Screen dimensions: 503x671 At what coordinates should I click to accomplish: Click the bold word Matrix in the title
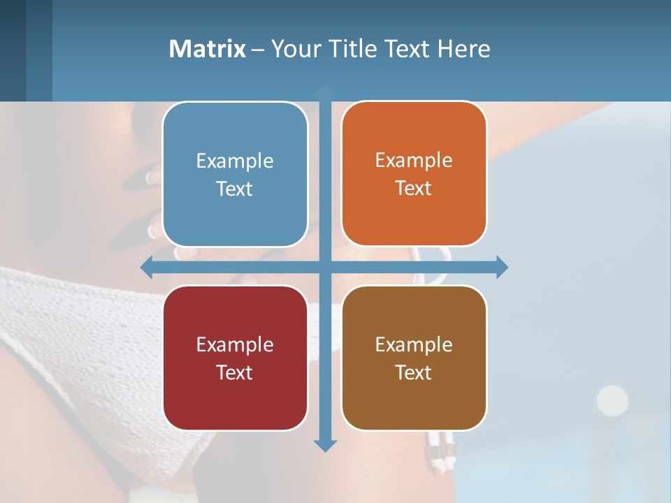[207, 49]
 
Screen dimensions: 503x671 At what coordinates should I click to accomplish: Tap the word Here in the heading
[464, 49]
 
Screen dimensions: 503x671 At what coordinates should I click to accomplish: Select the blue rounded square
[235, 175]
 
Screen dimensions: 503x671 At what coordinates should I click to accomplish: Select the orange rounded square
[414, 174]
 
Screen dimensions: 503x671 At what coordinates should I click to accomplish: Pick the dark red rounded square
[235, 358]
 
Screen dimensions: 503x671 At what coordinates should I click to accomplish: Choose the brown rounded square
[414, 358]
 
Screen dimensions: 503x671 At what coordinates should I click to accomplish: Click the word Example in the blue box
[235, 161]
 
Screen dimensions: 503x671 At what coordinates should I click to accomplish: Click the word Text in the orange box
[414, 188]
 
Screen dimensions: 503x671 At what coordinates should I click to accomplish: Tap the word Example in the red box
[235, 344]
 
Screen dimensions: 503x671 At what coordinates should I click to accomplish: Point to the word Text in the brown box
[414, 372]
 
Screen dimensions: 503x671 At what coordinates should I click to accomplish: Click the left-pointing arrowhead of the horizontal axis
[146, 267]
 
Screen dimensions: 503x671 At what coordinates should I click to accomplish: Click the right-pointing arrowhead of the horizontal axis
[502, 267]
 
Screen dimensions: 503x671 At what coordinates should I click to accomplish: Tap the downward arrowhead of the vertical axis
[325, 445]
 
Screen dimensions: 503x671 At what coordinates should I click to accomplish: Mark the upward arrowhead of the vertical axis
[325, 89]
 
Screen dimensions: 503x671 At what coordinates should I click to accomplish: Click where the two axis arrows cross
[325, 267]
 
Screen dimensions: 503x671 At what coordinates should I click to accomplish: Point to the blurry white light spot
[612, 400]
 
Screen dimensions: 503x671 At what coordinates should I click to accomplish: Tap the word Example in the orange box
[414, 161]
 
